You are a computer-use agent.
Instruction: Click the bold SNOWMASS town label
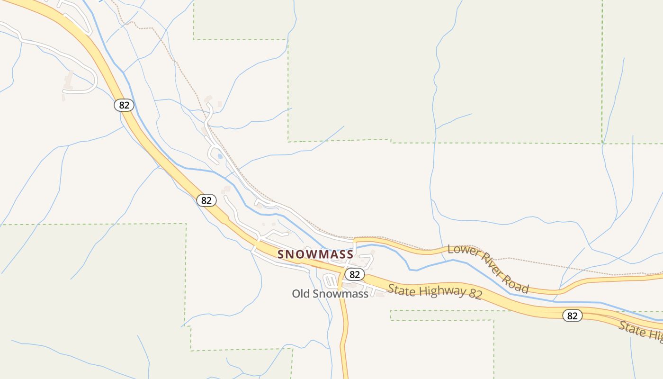pyautogui.click(x=315, y=254)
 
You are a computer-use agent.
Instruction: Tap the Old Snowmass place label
pyautogui.click(x=330, y=294)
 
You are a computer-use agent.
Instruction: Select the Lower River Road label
pyautogui.click(x=488, y=269)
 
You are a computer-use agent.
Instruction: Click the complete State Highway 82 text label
pyautogui.click(x=435, y=292)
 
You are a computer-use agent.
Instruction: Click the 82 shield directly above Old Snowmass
pyautogui.click(x=354, y=274)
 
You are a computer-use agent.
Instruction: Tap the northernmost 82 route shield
pyautogui.click(x=124, y=105)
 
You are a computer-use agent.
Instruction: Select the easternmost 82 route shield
pyautogui.click(x=573, y=316)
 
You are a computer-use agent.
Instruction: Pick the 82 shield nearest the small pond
pyautogui.click(x=206, y=200)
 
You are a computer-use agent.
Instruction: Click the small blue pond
pyautogui.click(x=220, y=156)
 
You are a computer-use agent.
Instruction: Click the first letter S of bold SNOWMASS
pyautogui.click(x=281, y=254)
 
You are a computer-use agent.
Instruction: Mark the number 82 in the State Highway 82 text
pyautogui.click(x=475, y=295)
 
